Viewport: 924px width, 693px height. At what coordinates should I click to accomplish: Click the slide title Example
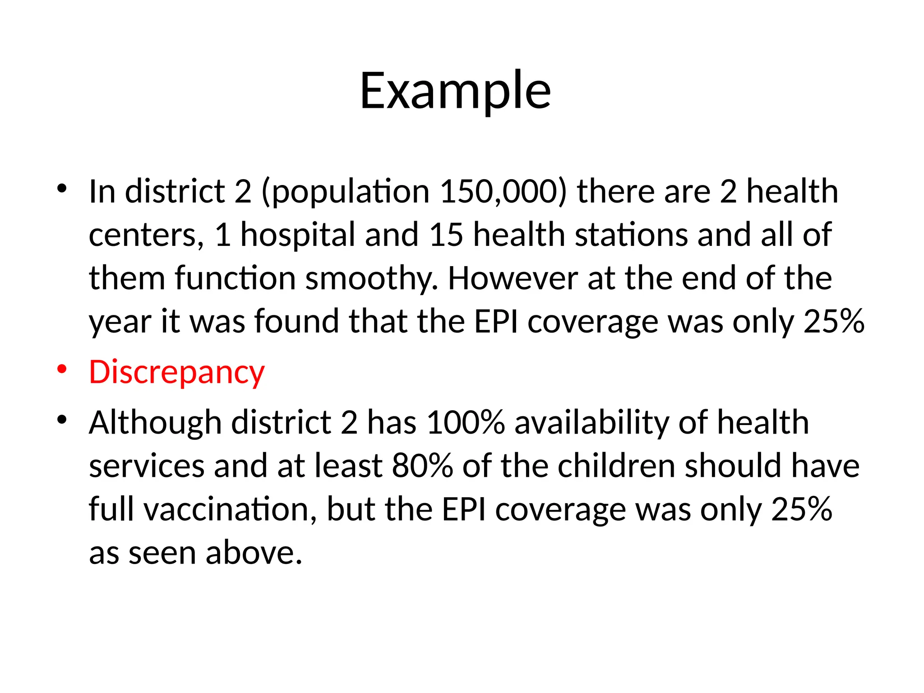pos(455,92)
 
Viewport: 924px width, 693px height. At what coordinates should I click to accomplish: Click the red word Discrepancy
pos(176,373)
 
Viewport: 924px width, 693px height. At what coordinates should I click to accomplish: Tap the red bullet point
pos(62,369)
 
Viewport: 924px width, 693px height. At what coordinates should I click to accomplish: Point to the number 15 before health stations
pos(446,235)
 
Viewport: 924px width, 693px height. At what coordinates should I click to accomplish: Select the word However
pos(513,278)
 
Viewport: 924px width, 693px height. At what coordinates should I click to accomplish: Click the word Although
pos(155,423)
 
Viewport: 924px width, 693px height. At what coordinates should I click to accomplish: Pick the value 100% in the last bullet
pos(465,423)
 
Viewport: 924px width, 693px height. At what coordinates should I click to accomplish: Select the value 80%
pos(422,466)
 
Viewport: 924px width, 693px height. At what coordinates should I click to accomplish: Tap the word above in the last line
pos(254,553)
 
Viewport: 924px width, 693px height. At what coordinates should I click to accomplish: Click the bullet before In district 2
pos(62,188)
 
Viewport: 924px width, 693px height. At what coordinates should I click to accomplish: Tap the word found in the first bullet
pos(296,322)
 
